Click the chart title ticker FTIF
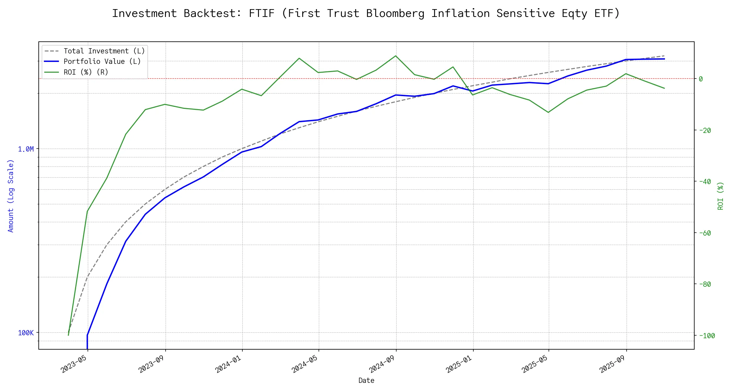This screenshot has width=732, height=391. [262, 13]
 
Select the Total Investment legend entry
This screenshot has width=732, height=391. [104, 51]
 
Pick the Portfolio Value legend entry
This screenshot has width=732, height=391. [102, 62]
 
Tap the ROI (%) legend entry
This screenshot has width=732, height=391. [86, 72]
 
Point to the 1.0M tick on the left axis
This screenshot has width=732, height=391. [26, 149]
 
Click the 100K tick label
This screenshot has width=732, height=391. [26, 333]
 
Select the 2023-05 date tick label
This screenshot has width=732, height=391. [74, 364]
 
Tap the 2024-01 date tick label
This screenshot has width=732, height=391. [229, 364]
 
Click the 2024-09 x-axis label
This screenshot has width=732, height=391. [382, 364]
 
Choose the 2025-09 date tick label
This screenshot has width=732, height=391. [613, 364]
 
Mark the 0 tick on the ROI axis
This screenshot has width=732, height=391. [701, 79]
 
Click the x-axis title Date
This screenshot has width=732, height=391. [366, 381]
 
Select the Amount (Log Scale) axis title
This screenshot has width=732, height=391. [11, 196]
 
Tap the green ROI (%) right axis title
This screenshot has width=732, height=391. [720, 196]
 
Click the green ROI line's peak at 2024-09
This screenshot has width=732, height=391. [396, 56]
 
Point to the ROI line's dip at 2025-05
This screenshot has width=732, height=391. [549, 112]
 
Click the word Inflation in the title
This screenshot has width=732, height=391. [460, 13]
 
